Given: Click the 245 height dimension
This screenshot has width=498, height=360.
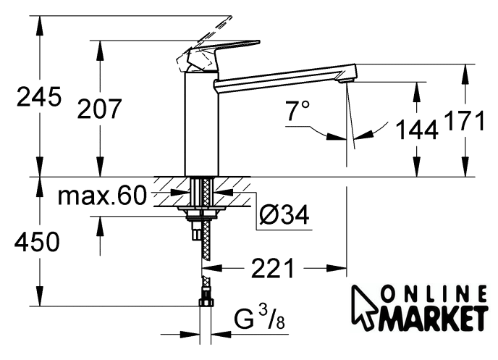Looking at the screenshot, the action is pyautogui.click(x=38, y=96).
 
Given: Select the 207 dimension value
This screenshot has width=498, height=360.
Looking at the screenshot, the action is pyautogui.click(x=99, y=109).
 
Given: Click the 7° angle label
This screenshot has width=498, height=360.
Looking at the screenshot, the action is pyautogui.click(x=297, y=111).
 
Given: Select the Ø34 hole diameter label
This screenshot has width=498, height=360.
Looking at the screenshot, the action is pyautogui.click(x=284, y=214).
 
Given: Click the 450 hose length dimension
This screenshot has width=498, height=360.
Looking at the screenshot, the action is pyautogui.click(x=37, y=241).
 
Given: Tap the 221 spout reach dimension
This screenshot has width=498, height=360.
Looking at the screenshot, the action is pyautogui.click(x=273, y=268).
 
